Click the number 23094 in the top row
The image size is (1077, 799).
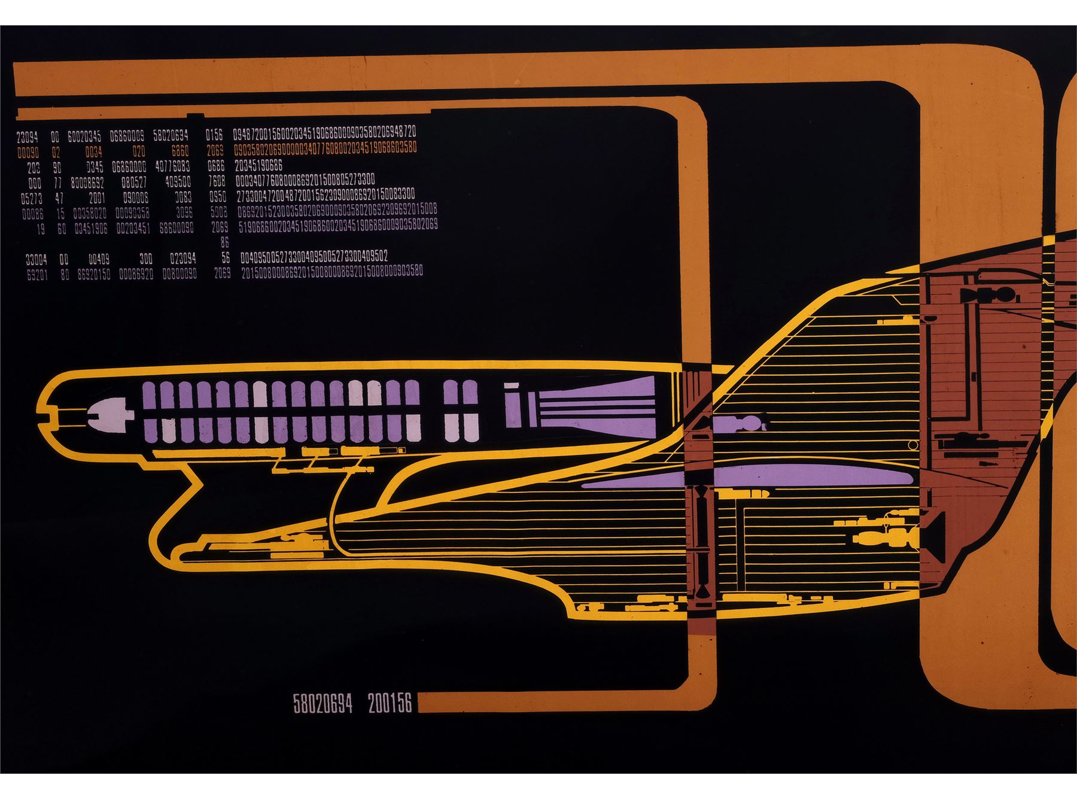tap(27, 137)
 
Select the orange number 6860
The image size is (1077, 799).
tap(180, 152)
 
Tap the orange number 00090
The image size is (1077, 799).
tap(28, 153)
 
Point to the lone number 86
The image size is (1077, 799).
tap(224, 243)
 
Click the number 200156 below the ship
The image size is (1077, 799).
tap(390, 704)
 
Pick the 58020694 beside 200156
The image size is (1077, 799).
tap(323, 704)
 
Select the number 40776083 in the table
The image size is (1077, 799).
tap(172, 167)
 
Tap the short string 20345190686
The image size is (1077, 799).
tap(258, 166)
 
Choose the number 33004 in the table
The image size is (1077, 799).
tap(36, 260)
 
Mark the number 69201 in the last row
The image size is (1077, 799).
tap(37, 275)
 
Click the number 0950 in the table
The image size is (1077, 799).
tap(218, 198)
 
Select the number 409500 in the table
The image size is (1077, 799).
tap(178, 181)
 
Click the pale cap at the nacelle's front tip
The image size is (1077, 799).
tap(108, 413)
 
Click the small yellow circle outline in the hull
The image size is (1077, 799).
tap(912, 445)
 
